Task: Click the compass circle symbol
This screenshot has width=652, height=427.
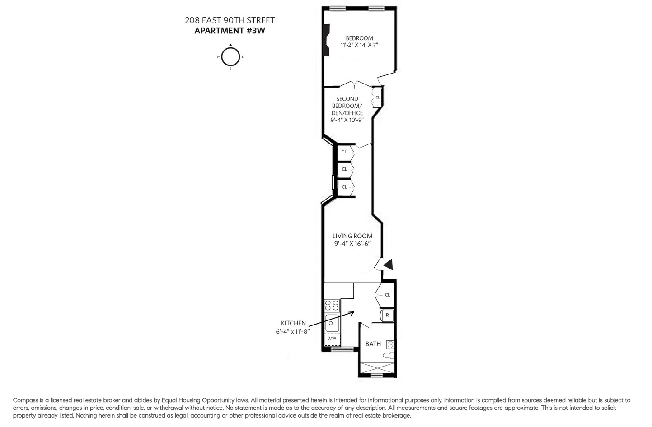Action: pyautogui.click(x=230, y=57)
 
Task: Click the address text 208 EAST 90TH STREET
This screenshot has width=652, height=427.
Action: pyautogui.click(x=230, y=20)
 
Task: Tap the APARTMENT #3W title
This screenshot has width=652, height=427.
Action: pyautogui.click(x=230, y=31)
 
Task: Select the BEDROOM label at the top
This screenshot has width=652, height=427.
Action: pyautogui.click(x=359, y=38)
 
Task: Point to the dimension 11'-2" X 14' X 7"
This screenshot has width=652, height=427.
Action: pyautogui.click(x=359, y=45)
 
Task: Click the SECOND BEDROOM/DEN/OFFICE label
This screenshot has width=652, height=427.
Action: pyautogui.click(x=347, y=106)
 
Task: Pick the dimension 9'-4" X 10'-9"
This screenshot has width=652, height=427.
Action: pyautogui.click(x=347, y=120)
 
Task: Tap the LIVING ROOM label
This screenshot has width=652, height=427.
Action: pyautogui.click(x=352, y=236)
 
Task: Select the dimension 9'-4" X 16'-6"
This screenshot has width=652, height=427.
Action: pyautogui.click(x=352, y=244)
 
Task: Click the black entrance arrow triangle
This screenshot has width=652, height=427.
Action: pyautogui.click(x=388, y=265)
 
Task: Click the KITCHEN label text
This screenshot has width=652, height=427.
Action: pyautogui.click(x=293, y=323)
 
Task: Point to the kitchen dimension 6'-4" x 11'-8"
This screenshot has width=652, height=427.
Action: pyautogui.click(x=293, y=331)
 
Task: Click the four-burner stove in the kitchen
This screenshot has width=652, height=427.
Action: pyautogui.click(x=332, y=305)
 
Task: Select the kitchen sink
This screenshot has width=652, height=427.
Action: pyautogui.click(x=332, y=323)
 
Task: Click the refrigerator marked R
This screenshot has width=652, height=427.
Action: pyautogui.click(x=387, y=315)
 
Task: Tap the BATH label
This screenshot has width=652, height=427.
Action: pyautogui.click(x=373, y=344)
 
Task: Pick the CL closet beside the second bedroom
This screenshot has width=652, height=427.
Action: pyautogui.click(x=377, y=97)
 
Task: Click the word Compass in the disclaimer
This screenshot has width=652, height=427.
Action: pyautogui.click(x=25, y=400)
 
